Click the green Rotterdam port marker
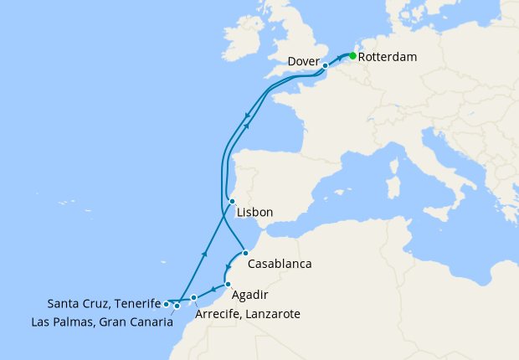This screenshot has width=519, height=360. pyautogui.click(x=352, y=56)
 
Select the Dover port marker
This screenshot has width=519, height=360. pyautogui.click(x=325, y=64)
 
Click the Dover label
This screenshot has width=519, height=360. pyautogui.click(x=302, y=60)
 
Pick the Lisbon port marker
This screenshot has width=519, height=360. pyautogui.click(x=232, y=202)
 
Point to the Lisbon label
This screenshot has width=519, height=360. pyautogui.click(x=255, y=213)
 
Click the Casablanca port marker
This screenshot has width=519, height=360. pyautogui.click(x=244, y=253)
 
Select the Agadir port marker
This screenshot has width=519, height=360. pyautogui.click(x=228, y=285)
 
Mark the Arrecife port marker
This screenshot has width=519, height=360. pyautogui.click(x=194, y=297)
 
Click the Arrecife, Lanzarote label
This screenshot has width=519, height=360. pyautogui.click(x=247, y=314)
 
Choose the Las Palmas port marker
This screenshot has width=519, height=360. pyautogui.click(x=177, y=306)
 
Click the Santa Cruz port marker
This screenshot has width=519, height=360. pyautogui.click(x=167, y=304)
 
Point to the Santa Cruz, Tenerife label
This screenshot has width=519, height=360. pyautogui.click(x=104, y=303)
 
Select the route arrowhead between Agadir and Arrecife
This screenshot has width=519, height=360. pyautogui.click(x=213, y=291)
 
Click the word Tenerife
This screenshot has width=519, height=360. pyautogui.click(x=136, y=303)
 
